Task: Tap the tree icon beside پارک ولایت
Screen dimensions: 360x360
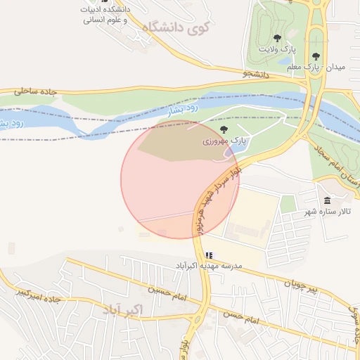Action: (277, 38)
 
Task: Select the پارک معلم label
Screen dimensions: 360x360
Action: (298, 67)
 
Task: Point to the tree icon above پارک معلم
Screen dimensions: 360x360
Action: (316, 53)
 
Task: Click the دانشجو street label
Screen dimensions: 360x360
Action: (256, 73)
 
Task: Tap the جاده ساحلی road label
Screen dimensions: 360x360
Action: (32, 91)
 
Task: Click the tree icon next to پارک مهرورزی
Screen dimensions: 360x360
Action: (224, 129)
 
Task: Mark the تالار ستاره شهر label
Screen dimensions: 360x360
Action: (326, 212)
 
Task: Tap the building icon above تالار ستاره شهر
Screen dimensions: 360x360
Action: (328, 200)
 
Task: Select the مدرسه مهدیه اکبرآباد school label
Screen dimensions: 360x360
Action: (208, 265)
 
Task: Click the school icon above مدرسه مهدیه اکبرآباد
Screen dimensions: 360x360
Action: (208, 255)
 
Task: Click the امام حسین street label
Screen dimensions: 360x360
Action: (167, 293)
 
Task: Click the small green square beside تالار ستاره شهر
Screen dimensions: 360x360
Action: (288, 205)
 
